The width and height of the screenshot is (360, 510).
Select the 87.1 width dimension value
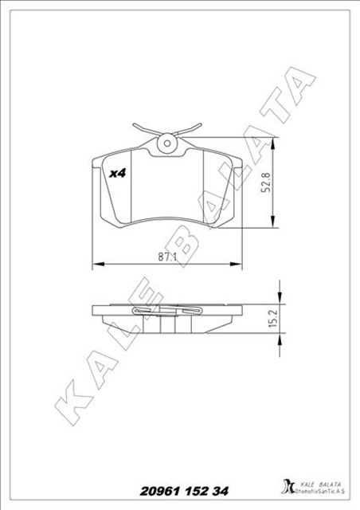(166, 257)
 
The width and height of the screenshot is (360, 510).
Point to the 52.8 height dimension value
(268, 185)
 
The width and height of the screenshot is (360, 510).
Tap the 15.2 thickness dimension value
(271, 319)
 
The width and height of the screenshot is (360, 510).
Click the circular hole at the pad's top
(167, 144)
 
